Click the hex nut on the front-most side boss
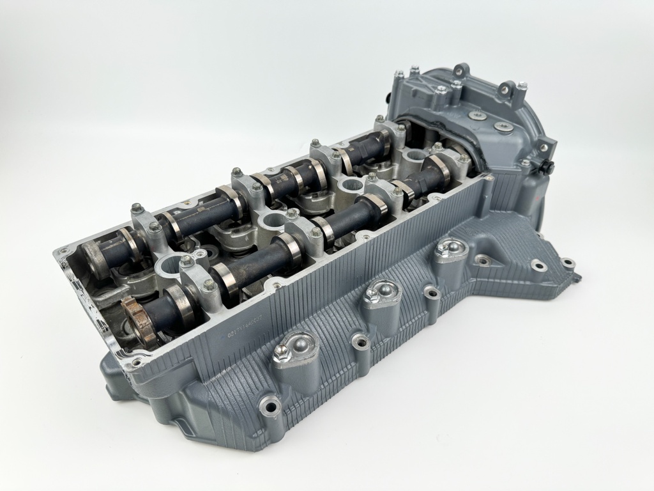tap(281, 351)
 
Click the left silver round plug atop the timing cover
tap(476, 116)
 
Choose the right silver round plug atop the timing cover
tap(503, 127)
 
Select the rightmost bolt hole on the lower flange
tap(566, 263)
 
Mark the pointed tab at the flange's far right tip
tap(577, 279)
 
